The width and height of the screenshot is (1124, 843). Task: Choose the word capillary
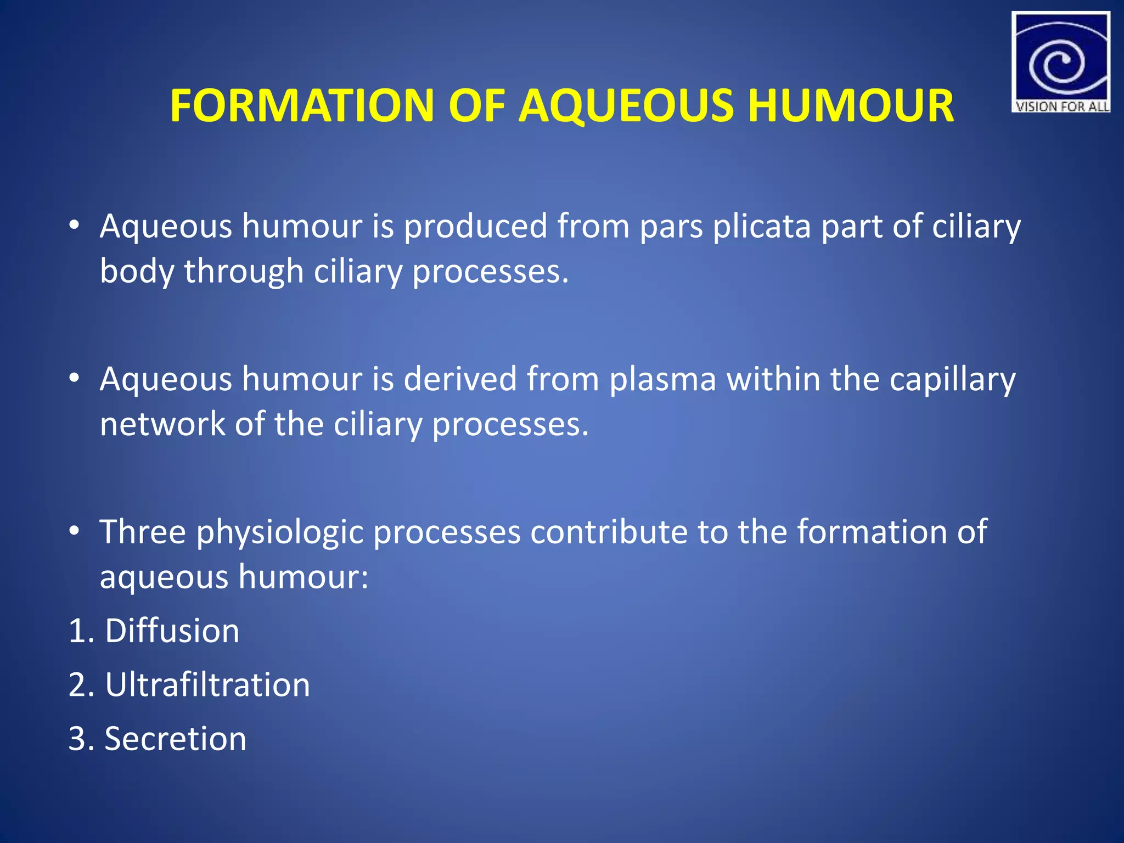(x=952, y=380)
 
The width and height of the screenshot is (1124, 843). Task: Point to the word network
(x=162, y=424)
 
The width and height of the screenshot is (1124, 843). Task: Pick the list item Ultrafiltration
(x=207, y=684)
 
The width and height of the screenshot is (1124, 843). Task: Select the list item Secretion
(x=175, y=738)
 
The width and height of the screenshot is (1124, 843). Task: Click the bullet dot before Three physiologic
(x=75, y=531)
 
